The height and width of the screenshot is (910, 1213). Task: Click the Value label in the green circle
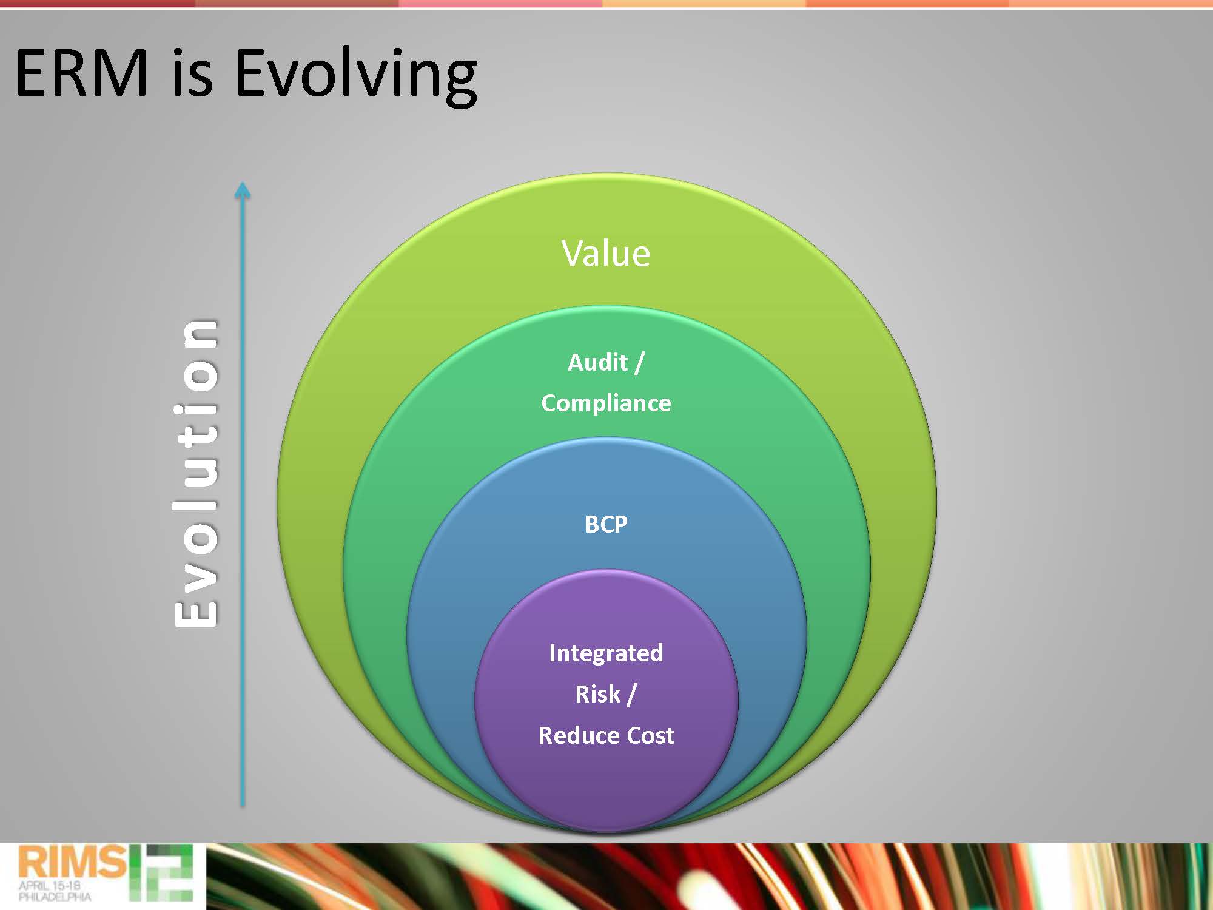point(606,253)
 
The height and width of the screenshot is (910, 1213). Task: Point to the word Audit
point(597,362)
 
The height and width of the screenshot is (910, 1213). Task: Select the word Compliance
point(606,403)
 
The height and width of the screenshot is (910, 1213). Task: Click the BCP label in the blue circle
point(606,524)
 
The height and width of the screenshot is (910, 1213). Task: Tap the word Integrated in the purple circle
point(606,653)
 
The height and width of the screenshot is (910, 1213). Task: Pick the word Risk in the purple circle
point(597,694)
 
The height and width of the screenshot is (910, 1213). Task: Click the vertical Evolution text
point(195,473)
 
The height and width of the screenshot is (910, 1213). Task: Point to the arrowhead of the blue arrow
point(243,190)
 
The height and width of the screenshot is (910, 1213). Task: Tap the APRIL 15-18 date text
point(50,885)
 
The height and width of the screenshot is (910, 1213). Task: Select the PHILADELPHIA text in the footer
point(55,897)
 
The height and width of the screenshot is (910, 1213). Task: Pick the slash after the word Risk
point(631,695)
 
